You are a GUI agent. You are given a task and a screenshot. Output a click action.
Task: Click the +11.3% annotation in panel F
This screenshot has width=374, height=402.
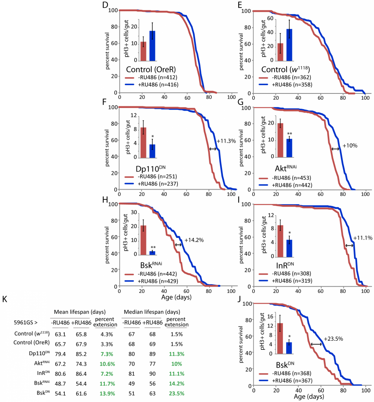coord(226,141)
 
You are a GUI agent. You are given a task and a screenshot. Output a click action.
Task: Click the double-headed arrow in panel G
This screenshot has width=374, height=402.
coord(335,149)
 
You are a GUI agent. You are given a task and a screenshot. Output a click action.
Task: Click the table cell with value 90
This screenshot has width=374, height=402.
coord(151,367)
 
